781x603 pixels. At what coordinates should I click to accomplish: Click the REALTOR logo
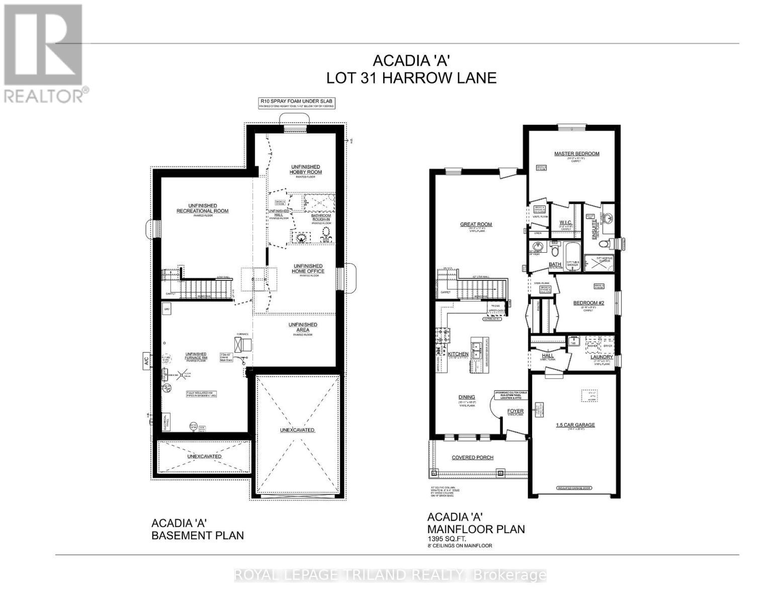pyautogui.click(x=44, y=53)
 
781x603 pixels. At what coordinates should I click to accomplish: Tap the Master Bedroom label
pyautogui.click(x=576, y=154)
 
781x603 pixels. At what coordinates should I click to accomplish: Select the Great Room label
pyautogui.click(x=476, y=225)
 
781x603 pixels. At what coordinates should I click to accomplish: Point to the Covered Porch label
pyautogui.click(x=472, y=458)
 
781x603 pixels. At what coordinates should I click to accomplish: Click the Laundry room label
pyautogui.click(x=601, y=357)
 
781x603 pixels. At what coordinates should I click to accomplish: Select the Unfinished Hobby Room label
pyautogui.click(x=305, y=169)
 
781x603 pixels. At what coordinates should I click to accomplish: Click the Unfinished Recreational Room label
pyautogui.click(x=202, y=208)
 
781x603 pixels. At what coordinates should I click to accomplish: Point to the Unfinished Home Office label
pyautogui.click(x=308, y=269)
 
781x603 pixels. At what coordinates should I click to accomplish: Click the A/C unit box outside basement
pyautogui.click(x=146, y=361)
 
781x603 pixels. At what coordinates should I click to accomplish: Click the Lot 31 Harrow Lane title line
pyautogui.click(x=411, y=78)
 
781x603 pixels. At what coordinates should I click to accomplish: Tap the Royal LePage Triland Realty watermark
pyautogui.click(x=390, y=575)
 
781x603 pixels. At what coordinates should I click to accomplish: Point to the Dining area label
pyautogui.click(x=463, y=396)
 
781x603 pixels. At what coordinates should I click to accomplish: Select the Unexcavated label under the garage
pyautogui.click(x=297, y=430)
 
